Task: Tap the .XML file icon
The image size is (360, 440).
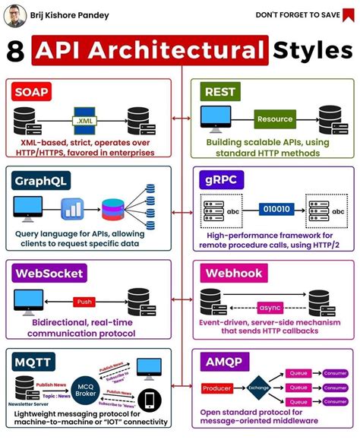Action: (84, 119)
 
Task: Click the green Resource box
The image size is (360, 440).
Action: (274, 119)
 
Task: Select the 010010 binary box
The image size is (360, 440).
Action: (276, 208)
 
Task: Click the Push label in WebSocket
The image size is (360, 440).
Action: (85, 301)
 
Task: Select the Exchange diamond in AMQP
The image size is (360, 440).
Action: (257, 388)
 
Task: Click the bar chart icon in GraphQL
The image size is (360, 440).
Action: (74, 207)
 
